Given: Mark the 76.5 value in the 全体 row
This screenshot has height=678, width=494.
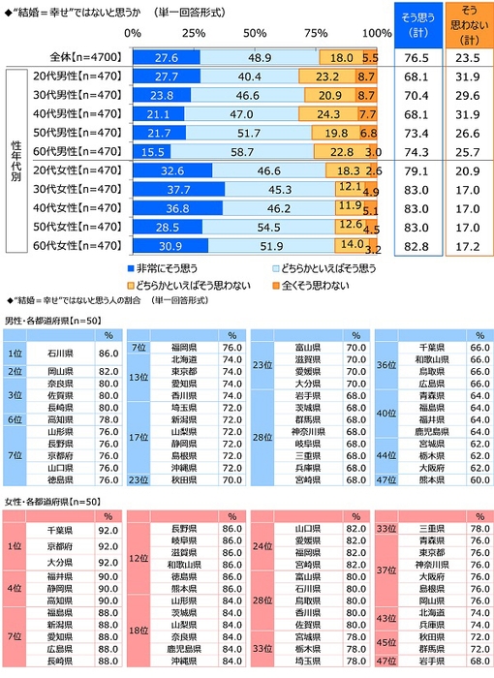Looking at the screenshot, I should pos(417,57).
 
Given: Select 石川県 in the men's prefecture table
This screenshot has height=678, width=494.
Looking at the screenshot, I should pos(63,355).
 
